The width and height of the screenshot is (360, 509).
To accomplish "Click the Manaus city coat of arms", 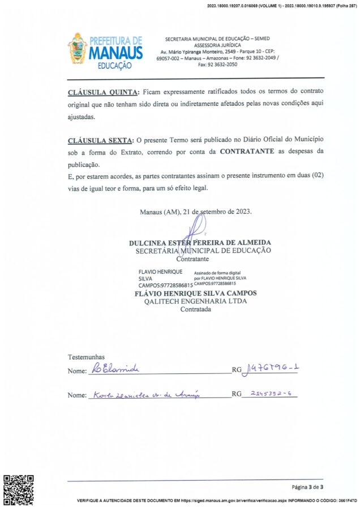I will (x=78, y=49).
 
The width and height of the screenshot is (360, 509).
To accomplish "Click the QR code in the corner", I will (x=19, y=489).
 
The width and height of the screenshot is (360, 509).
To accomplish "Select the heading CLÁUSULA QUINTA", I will (x=103, y=92).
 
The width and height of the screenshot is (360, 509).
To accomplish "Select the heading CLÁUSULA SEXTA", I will (x=100, y=139).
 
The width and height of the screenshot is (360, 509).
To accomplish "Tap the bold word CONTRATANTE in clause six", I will (x=247, y=152).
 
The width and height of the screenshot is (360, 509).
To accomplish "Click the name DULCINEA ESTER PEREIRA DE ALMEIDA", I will (x=200, y=243).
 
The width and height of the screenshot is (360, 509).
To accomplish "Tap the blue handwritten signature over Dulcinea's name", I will (x=192, y=233).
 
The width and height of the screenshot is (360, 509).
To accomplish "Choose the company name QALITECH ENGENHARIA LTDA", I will (x=195, y=301).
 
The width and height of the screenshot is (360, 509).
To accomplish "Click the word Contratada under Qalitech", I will (x=195, y=309).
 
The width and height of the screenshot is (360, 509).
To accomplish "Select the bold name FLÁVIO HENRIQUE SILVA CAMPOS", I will (x=195, y=294).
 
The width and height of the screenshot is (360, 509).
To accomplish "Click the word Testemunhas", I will (x=86, y=357).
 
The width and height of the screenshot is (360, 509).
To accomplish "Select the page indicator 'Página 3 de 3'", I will (x=307, y=487).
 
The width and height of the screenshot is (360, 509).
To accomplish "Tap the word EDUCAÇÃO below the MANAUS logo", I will (x=115, y=65).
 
